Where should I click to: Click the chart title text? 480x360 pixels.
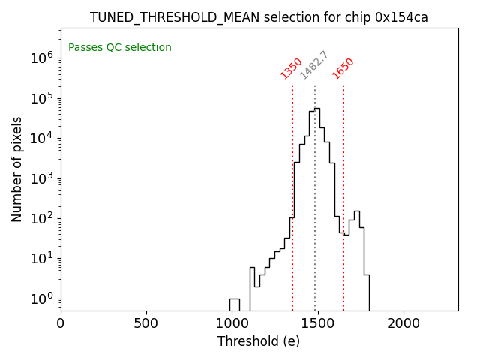[259, 17]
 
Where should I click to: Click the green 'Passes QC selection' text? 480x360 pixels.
[120, 48]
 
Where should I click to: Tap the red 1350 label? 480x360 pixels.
[291, 68]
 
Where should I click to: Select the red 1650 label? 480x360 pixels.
[343, 68]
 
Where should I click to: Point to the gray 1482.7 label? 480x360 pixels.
[314, 65]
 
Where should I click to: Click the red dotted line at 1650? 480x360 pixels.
[343, 195]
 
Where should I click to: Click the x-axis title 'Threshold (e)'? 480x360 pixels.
[259, 341]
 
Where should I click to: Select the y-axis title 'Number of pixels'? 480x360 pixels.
[17, 169]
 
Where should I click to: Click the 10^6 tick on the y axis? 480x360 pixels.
[40, 58]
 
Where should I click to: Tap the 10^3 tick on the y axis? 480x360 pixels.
[40, 178]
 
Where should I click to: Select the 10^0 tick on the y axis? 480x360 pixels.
[40, 298]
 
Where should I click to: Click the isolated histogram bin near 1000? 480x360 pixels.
[235, 304]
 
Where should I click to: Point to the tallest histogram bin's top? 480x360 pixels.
[317, 109]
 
